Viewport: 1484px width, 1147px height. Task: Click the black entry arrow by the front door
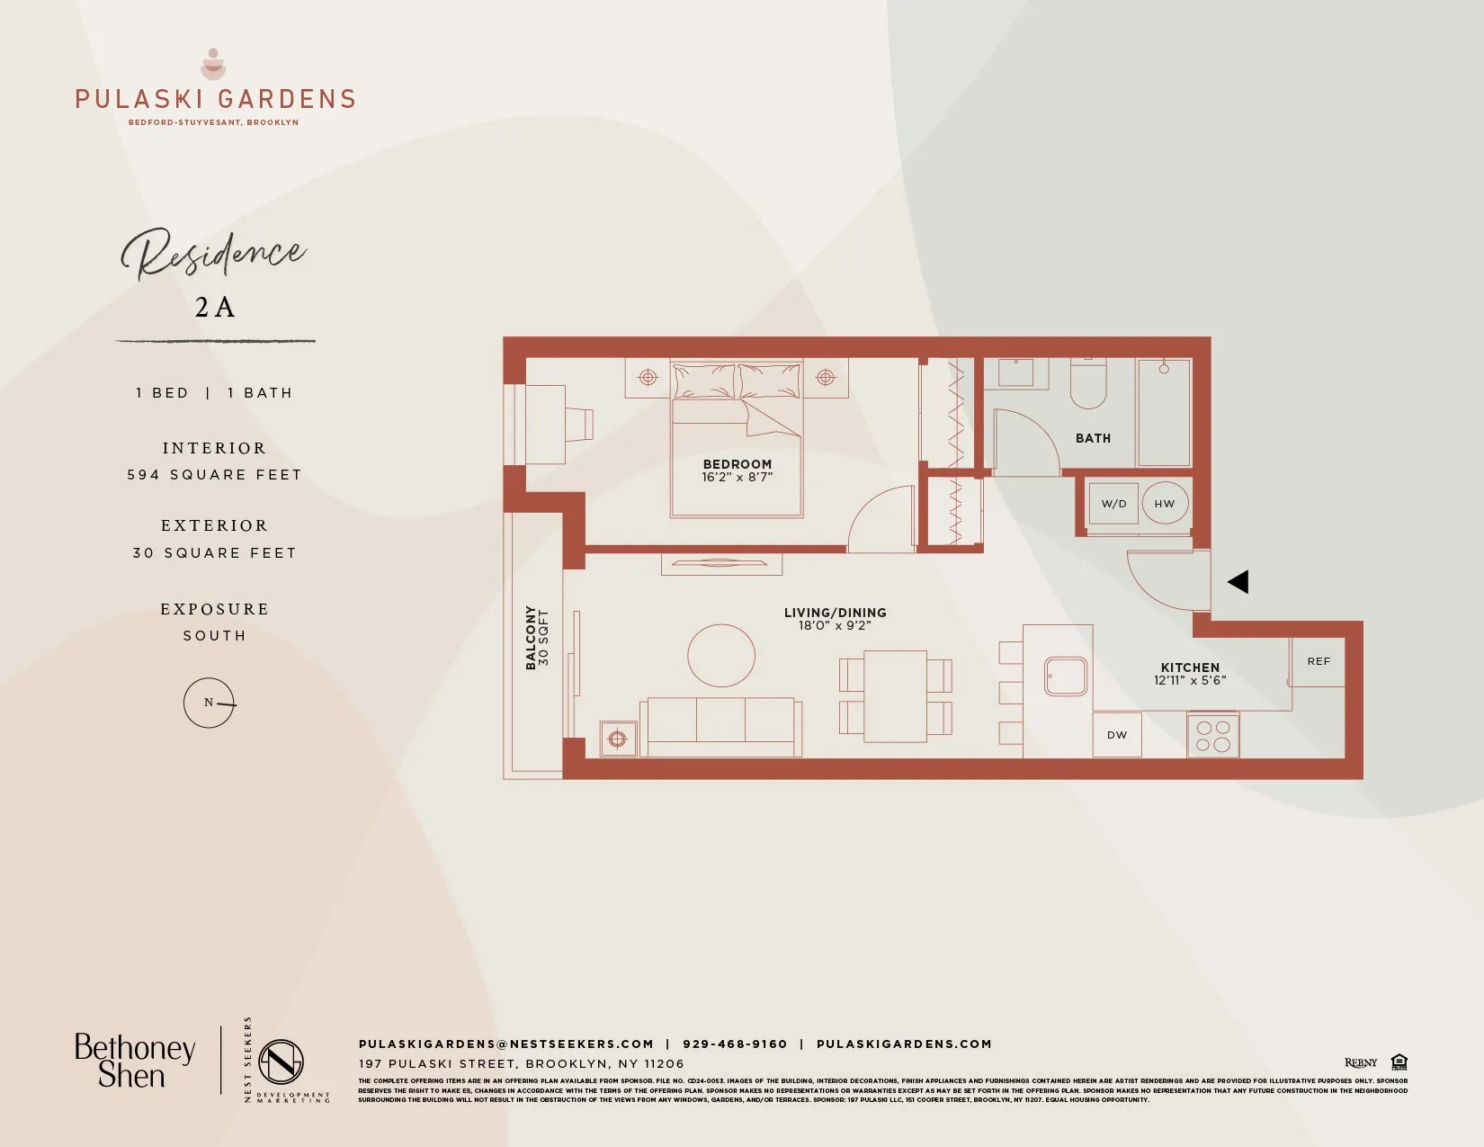[1238, 582]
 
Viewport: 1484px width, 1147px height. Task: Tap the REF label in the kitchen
[1319, 661]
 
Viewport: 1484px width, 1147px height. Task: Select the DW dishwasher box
[1117, 735]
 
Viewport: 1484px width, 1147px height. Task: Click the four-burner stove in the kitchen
[1213, 736]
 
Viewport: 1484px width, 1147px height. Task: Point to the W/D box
[1113, 504]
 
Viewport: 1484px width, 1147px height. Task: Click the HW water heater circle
[1165, 504]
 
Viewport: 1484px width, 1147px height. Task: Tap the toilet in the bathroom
[1088, 384]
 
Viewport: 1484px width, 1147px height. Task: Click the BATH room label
[1093, 438]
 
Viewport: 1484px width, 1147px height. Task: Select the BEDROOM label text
[737, 464]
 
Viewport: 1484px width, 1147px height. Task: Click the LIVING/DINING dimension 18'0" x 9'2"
[835, 625]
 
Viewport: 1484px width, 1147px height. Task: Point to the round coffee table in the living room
[721, 656]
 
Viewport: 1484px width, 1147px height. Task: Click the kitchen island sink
[1066, 676]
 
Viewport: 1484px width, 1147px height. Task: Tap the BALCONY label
[531, 637]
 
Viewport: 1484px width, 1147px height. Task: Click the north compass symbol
[210, 703]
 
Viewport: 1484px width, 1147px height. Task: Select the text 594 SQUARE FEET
[214, 475]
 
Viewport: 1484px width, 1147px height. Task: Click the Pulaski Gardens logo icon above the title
[213, 64]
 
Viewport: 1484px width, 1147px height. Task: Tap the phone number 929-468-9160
[735, 1044]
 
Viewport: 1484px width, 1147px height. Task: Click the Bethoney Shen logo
[134, 1062]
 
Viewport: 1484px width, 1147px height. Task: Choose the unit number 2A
[215, 308]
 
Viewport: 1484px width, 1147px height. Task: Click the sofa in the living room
[720, 727]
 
